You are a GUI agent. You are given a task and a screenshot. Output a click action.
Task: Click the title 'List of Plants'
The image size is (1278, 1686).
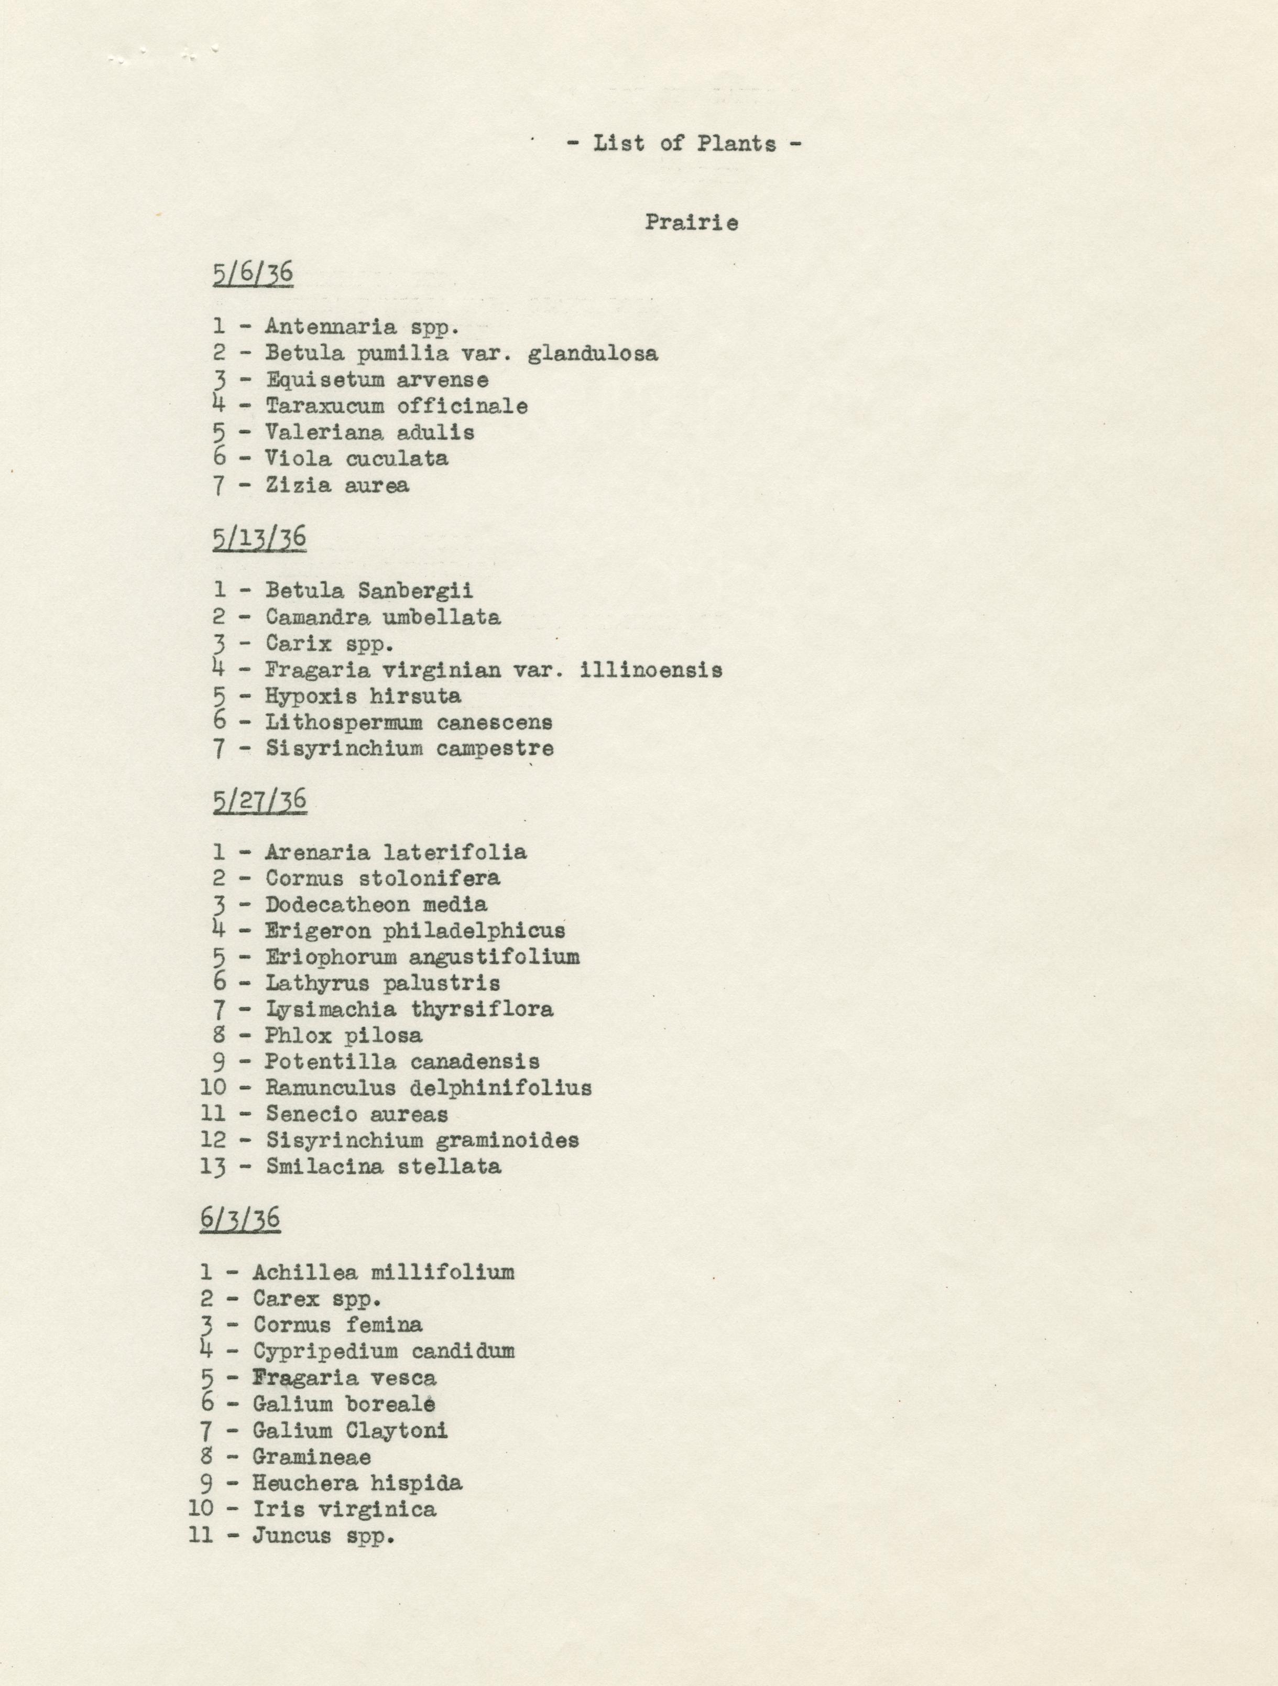pyautogui.click(x=684, y=143)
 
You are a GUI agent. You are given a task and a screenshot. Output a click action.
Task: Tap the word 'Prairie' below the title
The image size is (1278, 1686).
pyautogui.click(x=691, y=223)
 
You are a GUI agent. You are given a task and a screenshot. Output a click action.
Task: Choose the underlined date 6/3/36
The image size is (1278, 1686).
pyautogui.click(x=240, y=1219)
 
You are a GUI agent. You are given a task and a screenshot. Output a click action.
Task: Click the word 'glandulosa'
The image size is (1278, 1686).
pyautogui.click(x=592, y=354)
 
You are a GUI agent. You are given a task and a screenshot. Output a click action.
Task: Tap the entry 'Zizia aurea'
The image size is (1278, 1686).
pyautogui.click(x=337, y=485)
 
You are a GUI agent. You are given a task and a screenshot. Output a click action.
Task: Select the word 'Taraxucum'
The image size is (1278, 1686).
pyautogui.click(x=325, y=406)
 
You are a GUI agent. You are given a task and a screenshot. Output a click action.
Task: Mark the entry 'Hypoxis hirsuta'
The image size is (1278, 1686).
pyautogui.click(x=363, y=696)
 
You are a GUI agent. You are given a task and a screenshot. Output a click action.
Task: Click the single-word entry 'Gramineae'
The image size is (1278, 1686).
pyautogui.click(x=312, y=1456)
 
